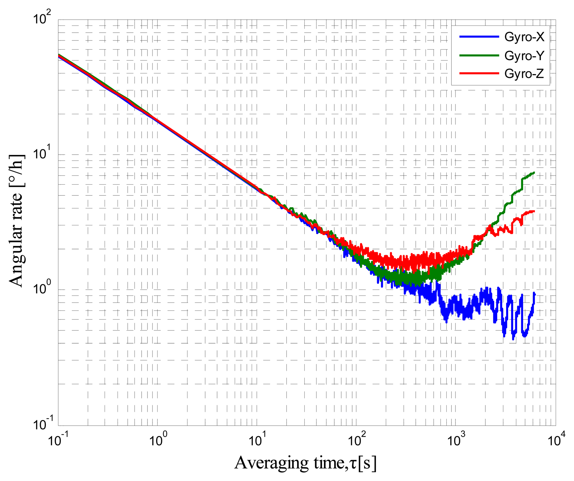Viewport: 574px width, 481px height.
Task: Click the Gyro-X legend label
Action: (x=524, y=37)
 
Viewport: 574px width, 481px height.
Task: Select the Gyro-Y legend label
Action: (x=524, y=55)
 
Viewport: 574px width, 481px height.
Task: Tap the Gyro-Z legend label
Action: (x=524, y=73)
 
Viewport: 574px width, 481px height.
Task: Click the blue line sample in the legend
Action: (x=479, y=37)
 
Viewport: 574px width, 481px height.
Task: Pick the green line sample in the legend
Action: (x=479, y=55)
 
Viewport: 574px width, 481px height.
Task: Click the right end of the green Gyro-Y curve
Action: (x=534, y=173)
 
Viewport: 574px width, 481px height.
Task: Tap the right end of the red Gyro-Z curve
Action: (x=534, y=211)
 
